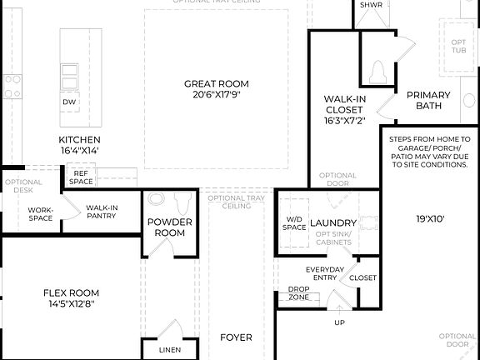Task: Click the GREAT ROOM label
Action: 216,83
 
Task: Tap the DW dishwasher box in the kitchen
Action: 70,102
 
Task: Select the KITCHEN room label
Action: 79,139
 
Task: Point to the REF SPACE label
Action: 81,177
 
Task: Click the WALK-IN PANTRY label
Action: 100,212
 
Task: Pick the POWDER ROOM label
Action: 170,227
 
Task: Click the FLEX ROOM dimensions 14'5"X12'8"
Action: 71,304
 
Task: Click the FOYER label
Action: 236,337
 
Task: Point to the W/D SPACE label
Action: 294,223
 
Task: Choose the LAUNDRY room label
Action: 333,222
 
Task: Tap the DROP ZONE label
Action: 298,293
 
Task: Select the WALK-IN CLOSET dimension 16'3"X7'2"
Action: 343,120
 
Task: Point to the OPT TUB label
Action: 458,46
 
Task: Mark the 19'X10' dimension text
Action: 432,220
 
